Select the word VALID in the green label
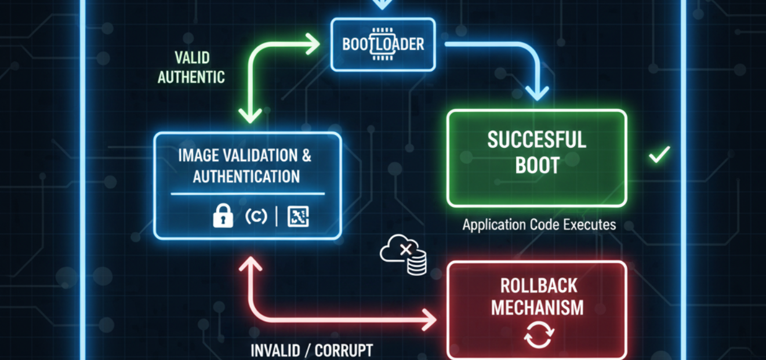coord(192,58)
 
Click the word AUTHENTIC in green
coord(191,77)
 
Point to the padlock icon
coord(223,216)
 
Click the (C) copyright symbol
coord(256,216)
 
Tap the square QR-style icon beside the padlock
coord(298,217)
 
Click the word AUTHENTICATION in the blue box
coord(246,176)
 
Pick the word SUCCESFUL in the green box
coord(536,140)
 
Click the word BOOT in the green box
coord(537,165)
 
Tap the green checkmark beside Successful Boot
coord(659,155)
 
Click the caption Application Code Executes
coord(539,224)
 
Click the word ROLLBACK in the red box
coord(537,285)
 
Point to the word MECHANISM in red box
coord(537,307)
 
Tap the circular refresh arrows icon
coord(539,335)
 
